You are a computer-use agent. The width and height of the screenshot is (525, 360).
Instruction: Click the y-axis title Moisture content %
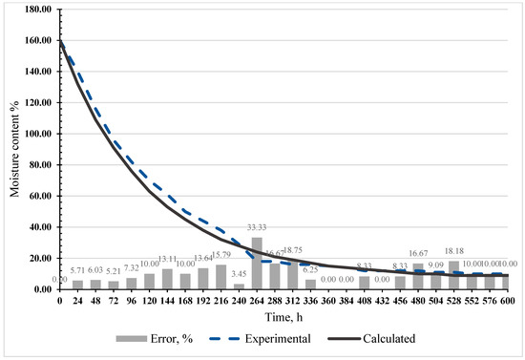[x=12, y=148]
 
